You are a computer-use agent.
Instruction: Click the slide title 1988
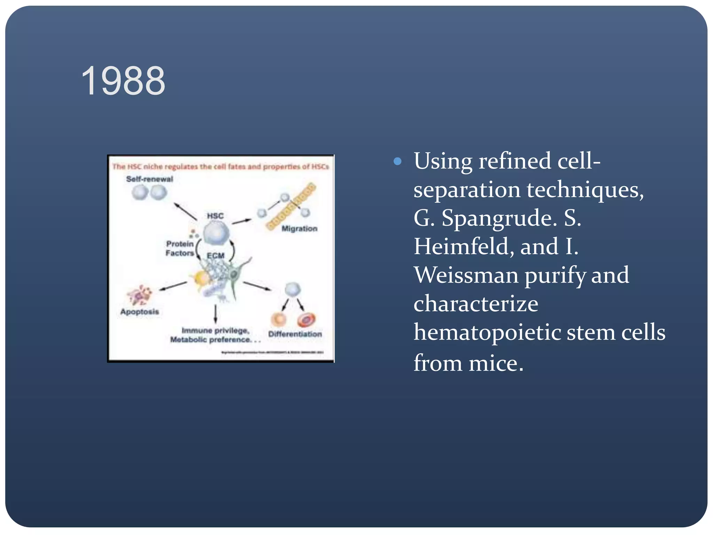click(123, 81)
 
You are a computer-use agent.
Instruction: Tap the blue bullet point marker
click(397, 161)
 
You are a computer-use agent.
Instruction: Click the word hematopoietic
click(487, 332)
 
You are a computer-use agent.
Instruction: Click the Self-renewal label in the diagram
click(149, 179)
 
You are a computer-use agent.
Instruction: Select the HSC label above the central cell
click(215, 216)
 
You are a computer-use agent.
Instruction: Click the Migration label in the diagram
click(299, 228)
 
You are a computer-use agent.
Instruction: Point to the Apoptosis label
click(140, 311)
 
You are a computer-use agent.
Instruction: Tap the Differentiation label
click(295, 334)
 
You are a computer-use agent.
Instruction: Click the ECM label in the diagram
click(216, 256)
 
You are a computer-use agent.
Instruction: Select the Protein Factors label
click(180, 248)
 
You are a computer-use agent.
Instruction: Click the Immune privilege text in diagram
click(216, 330)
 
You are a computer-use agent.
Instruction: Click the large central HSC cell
click(216, 233)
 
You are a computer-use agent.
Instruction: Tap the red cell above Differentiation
click(306, 319)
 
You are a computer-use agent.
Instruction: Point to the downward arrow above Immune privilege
click(216, 313)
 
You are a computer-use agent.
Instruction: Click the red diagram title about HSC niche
click(220, 166)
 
